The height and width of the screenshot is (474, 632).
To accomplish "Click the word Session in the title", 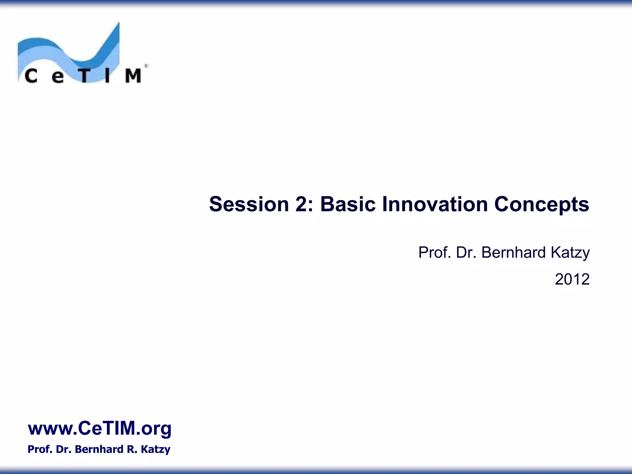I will point(249,204).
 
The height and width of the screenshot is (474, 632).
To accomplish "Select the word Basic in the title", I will point(348,204).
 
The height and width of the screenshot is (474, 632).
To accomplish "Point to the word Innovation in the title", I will point(435,204).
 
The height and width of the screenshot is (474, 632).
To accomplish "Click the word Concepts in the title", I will point(542,205).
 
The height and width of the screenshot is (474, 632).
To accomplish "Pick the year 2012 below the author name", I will point(572,279).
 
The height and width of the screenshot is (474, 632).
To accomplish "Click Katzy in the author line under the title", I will point(570,253).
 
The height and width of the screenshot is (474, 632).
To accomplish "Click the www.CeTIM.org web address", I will point(99,428).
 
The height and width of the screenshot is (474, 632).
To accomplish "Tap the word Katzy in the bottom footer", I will point(156,450).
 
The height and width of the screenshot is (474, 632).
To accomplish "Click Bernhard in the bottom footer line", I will point(99,449).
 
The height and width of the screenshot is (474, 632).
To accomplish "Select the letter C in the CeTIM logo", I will point(31,76).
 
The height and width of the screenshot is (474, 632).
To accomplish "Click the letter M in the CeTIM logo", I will point(133,76).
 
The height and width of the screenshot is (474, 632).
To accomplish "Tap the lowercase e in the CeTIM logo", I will point(58,77).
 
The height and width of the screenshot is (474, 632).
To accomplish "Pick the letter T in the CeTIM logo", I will point(84,76).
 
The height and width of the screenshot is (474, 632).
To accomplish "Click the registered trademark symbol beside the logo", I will point(146,66).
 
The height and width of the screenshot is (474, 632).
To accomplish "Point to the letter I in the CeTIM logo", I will point(107,76).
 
